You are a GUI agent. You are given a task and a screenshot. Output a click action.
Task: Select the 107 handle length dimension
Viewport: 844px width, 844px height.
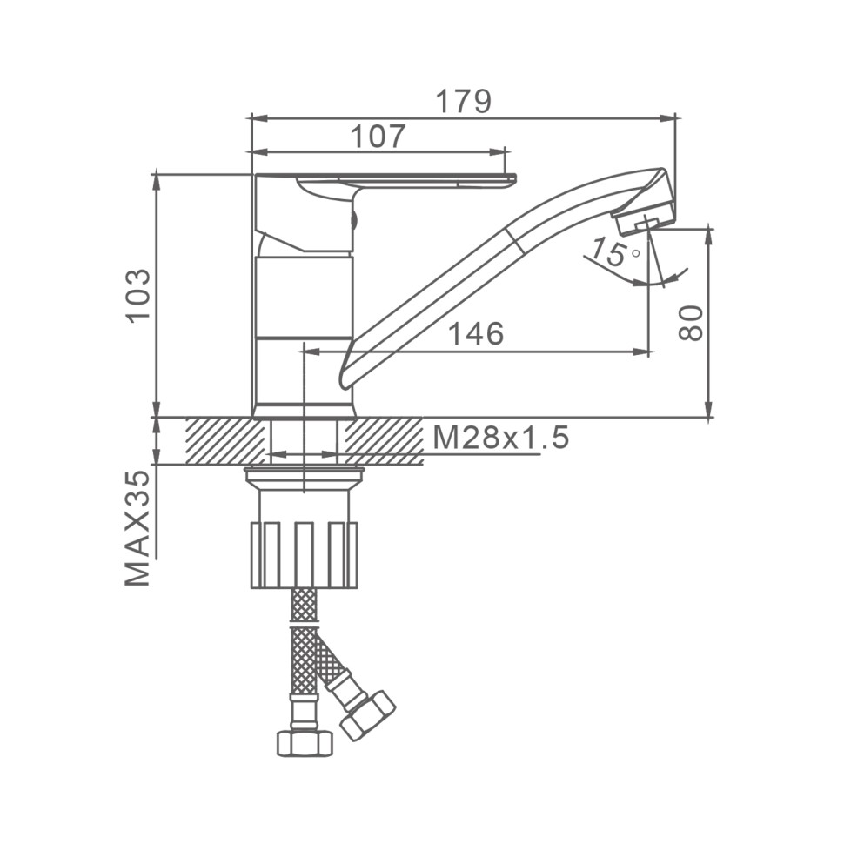tap(378, 137)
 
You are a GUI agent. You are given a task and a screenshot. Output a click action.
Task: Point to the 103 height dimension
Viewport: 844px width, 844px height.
tap(138, 296)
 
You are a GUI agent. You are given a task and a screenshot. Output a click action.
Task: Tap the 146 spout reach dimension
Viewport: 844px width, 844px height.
tap(476, 334)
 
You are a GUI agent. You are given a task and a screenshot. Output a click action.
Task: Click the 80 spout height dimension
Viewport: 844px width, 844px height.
tap(691, 323)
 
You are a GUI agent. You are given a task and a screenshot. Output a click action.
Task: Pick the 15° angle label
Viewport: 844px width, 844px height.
tap(614, 253)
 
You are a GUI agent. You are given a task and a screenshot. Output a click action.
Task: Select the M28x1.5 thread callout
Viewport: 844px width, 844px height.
tap(500, 439)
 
